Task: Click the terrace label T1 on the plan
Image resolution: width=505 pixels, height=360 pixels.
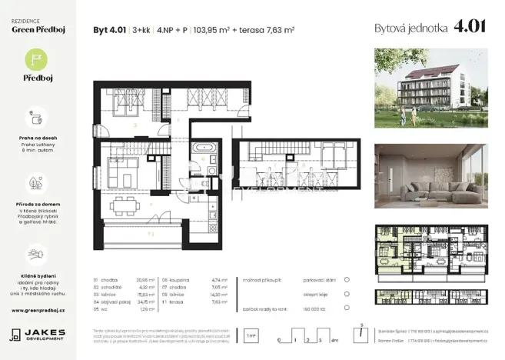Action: pos(151,232)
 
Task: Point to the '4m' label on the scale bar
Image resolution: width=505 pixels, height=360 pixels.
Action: pos(333,339)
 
